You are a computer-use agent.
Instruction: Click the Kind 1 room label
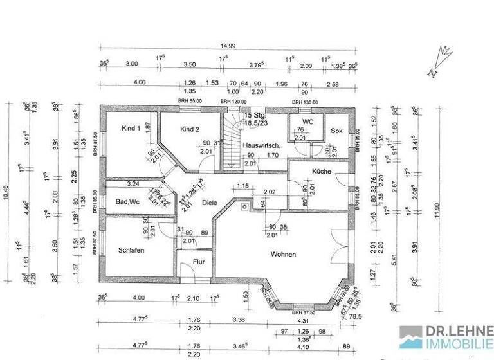tap(131, 129)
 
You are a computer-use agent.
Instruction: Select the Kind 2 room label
tap(190, 129)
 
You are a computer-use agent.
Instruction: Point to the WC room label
tap(307, 121)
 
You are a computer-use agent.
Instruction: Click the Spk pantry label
tap(336, 130)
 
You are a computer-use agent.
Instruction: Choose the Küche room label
tap(321, 172)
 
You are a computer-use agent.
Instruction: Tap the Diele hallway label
tap(210, 203)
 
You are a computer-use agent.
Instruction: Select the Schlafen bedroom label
tap(131, 250)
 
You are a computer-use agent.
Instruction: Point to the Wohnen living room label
tap(283, 254)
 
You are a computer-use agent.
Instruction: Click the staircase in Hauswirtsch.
tap(233, 145)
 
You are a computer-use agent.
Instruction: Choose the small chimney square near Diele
tap(244, 207)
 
